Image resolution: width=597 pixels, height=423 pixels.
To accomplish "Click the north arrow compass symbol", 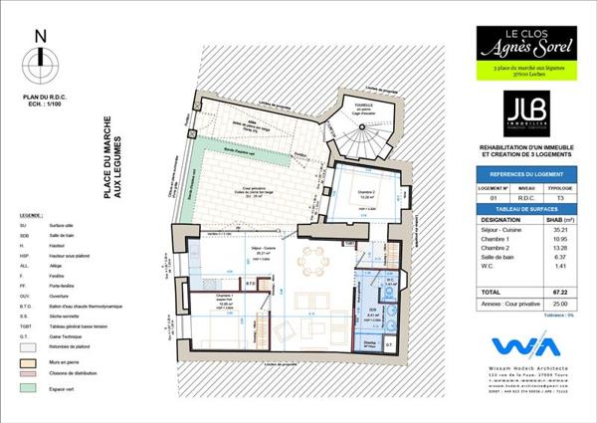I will coord(40,60).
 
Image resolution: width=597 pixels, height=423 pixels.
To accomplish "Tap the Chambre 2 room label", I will coord(367,192).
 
